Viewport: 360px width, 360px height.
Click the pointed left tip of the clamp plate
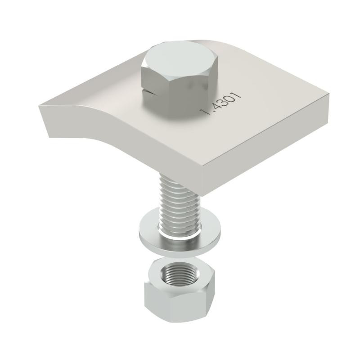click(39, 106)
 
